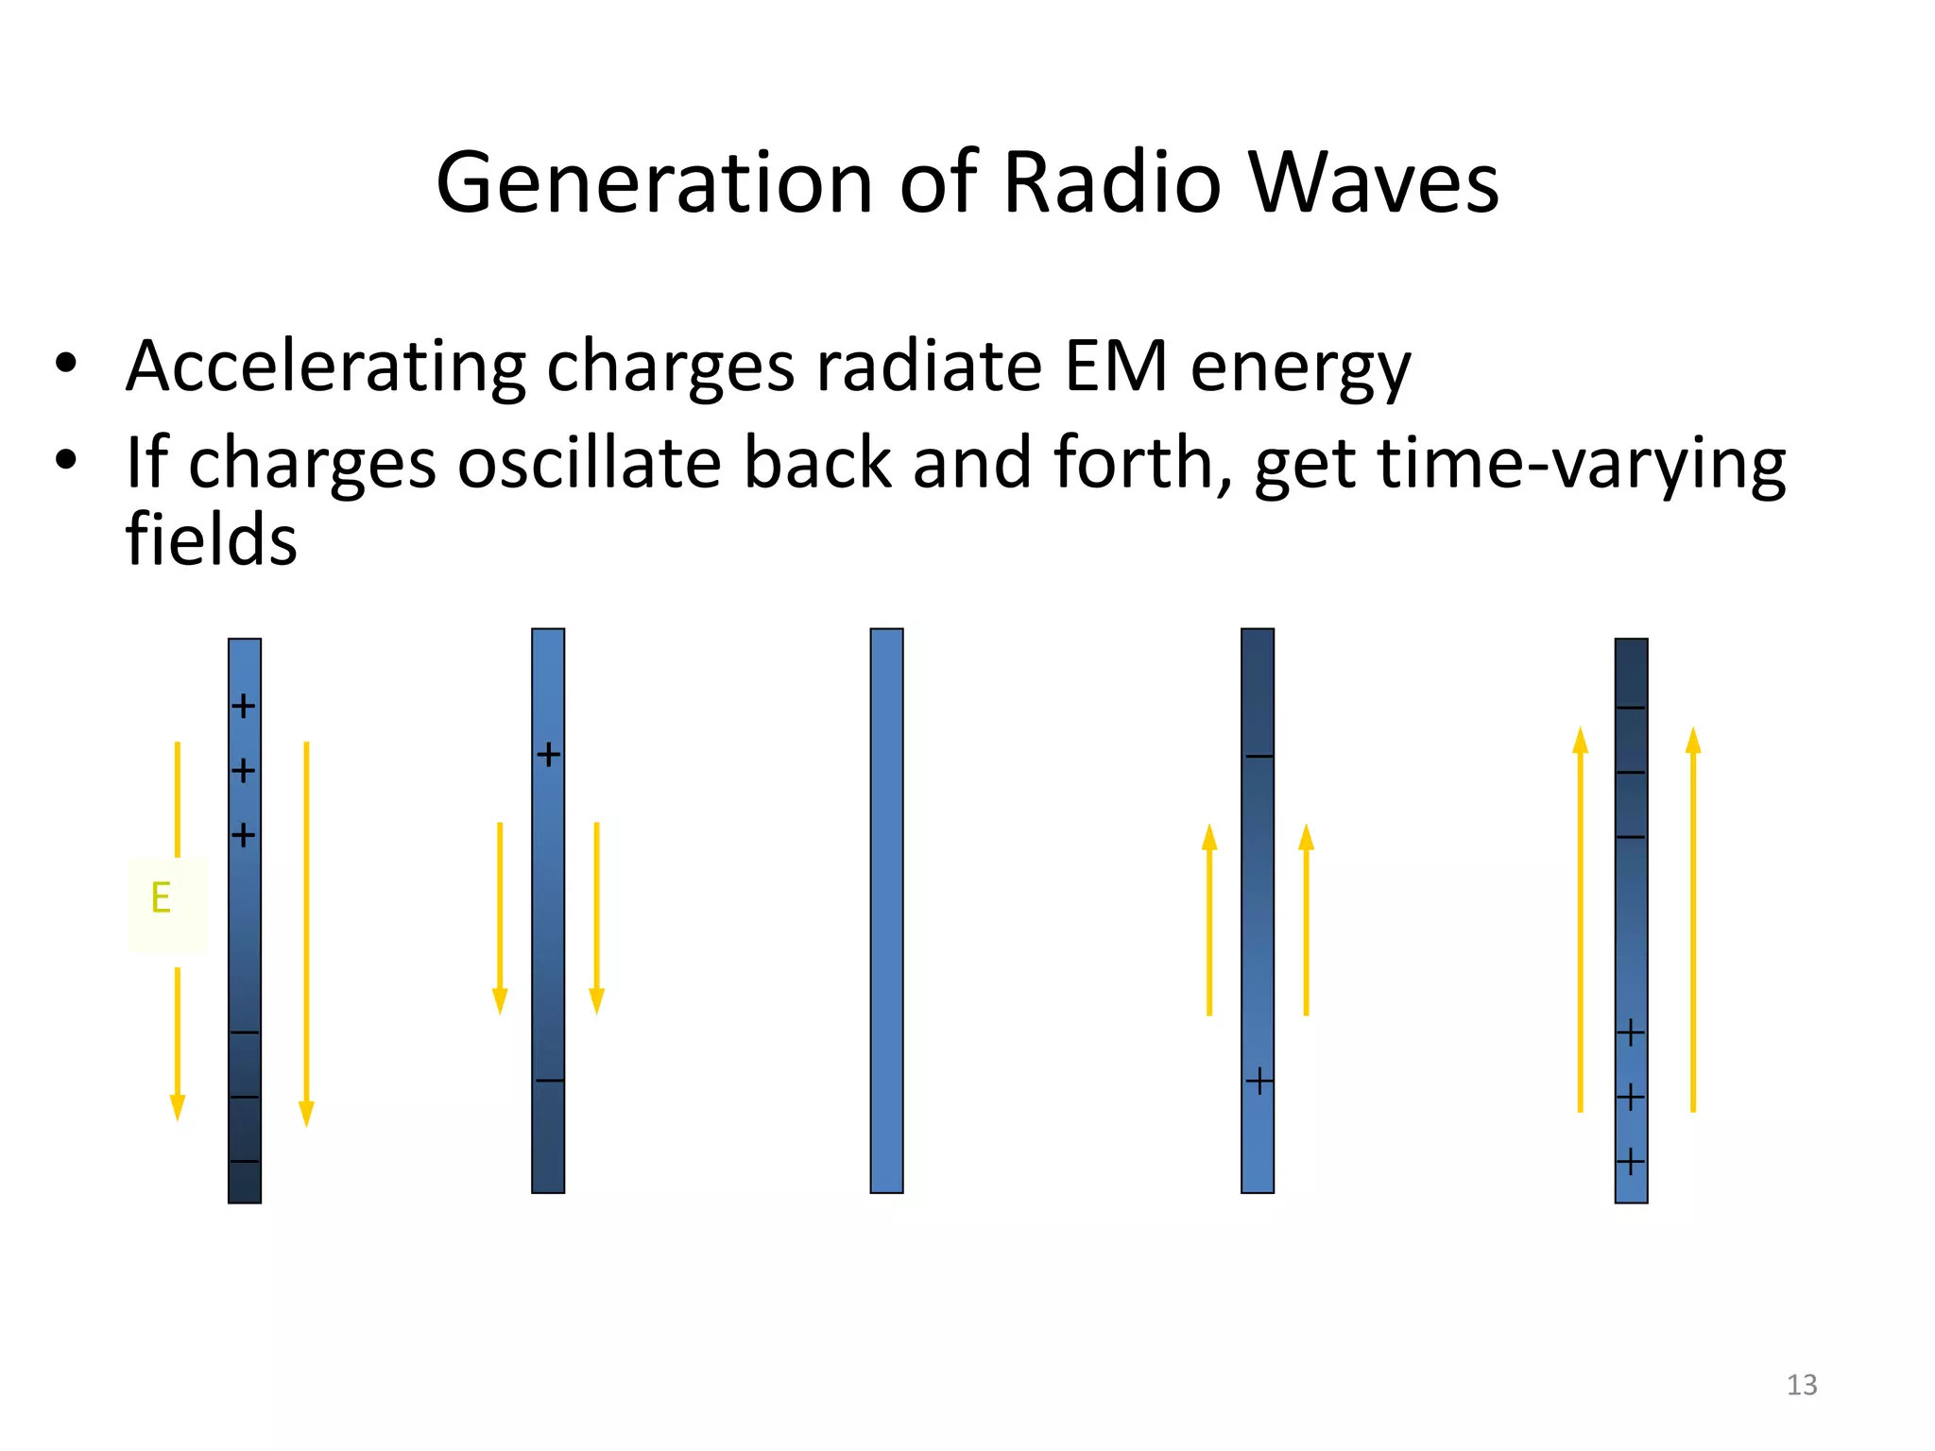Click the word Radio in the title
pos(1111,182)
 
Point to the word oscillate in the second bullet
pos(590,463)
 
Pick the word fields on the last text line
pos(211,539)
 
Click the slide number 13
pos(1801,1385)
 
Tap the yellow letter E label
pos(162,897)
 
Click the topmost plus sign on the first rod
pos(244,706)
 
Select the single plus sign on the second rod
pos(548,755)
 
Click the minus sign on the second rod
pos(549,1081)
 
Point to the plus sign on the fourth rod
pos(1259,1081)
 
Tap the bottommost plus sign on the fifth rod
pos(1631,1161)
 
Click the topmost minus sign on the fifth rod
pos(1631,708)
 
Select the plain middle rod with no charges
pos(886,911)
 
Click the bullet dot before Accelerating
pos(65,364)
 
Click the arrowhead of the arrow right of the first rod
pos(306,1114)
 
